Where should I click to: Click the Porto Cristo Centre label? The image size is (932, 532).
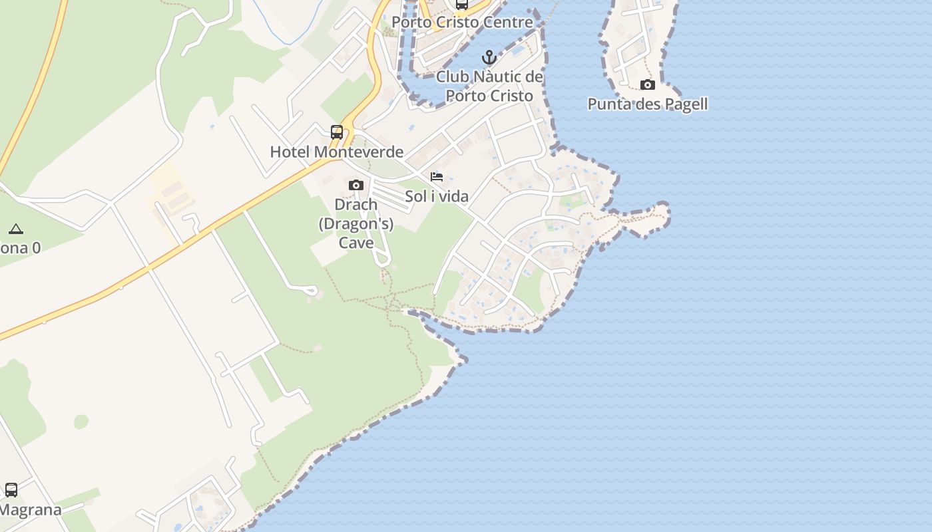tap(462, 22)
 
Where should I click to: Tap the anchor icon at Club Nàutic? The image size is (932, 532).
tap(489, 57)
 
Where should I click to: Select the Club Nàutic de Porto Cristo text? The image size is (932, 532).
tap(489, 86)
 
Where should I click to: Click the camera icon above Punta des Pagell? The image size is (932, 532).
tap(647, 84)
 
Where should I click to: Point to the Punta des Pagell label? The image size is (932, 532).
tap(647, 104)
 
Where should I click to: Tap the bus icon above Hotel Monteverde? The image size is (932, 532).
tap(337, 132)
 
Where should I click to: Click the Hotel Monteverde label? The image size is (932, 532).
tap(336, 152)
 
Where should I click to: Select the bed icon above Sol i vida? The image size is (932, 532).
tap(437, 177)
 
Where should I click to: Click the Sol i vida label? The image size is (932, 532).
tap(437, 196)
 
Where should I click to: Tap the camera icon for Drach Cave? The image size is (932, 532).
tap(356, 185)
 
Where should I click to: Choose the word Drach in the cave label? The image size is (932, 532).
tap(356, 205)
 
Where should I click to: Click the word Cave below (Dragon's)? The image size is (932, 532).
tap(356, 242)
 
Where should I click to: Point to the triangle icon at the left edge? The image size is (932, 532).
tap(16, 229)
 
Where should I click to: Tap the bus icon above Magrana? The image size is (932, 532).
tap(11, 490)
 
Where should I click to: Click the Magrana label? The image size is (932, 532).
tap(30, 510)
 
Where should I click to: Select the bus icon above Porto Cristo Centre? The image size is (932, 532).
tap(462, 5)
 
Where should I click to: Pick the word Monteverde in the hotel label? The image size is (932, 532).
tap(358, 152)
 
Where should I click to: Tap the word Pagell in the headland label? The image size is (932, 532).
tap(686, 104)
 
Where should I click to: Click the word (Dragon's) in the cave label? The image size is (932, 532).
tap(356, 223)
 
